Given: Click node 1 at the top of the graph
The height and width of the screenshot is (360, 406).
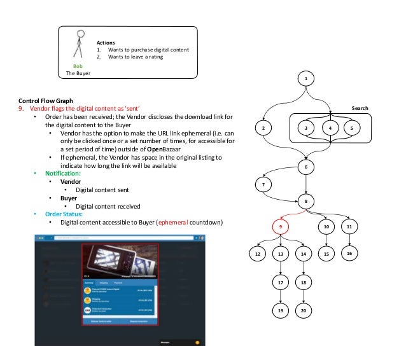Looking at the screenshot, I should [x=306, y=79].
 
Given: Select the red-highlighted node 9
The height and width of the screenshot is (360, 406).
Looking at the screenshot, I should [x=281, y=226].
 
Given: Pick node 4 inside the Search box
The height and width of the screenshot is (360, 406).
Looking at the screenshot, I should [x=330, y=128].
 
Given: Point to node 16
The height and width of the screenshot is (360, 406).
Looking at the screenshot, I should [x=349, y=253].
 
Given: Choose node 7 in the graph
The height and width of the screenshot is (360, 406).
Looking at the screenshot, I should [x=264, y=184].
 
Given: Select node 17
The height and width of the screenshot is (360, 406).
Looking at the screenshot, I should [x=281, y=281].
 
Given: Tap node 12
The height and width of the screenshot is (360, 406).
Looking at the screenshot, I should [x=257, y=254].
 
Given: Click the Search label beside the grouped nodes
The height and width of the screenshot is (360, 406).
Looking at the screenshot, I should [x=360, y=109].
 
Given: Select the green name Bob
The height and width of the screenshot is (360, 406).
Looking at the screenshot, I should [x=79, y=66].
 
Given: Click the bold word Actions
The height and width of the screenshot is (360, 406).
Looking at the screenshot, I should [x=106, y=42].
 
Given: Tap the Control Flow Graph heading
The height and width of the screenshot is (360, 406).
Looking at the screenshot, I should [x=46, y=100].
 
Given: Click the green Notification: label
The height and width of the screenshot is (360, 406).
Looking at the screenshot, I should [x=62, y=173].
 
